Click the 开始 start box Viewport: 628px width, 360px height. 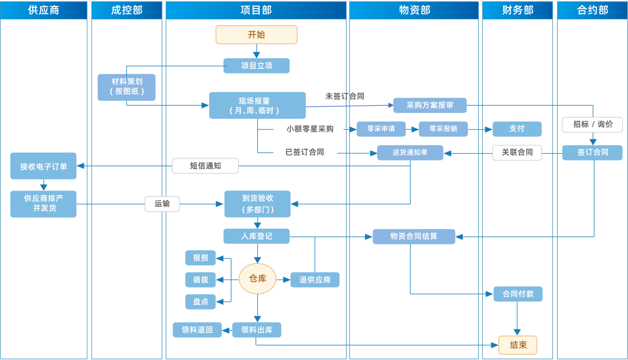point(256,35)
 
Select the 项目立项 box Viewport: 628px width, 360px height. point(256,66)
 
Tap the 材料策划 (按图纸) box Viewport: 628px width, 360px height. point(126,87)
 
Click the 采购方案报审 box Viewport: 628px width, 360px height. point(430,106)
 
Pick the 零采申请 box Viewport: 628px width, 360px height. point(381,129)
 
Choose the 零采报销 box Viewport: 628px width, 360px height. point(443,129)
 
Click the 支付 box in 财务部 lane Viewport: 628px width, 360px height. point(517,129)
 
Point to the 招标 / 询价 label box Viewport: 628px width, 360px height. point(592,124)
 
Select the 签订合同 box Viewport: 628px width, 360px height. point(592,153)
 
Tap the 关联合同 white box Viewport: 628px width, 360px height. point(517,153)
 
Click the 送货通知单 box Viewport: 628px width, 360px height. point(410,153)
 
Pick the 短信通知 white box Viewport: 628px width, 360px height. point(205,166)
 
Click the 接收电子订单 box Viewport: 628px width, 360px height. point(44,166)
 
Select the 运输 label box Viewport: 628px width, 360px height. point(162,204)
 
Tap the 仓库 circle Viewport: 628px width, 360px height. point(257,279)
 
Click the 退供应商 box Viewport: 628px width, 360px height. point(315,280)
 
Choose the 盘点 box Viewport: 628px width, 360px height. point(200,301)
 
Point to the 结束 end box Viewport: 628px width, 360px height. point(518,345)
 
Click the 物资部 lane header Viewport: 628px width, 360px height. point(414,10)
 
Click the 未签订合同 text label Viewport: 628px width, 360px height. point(344,96)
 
